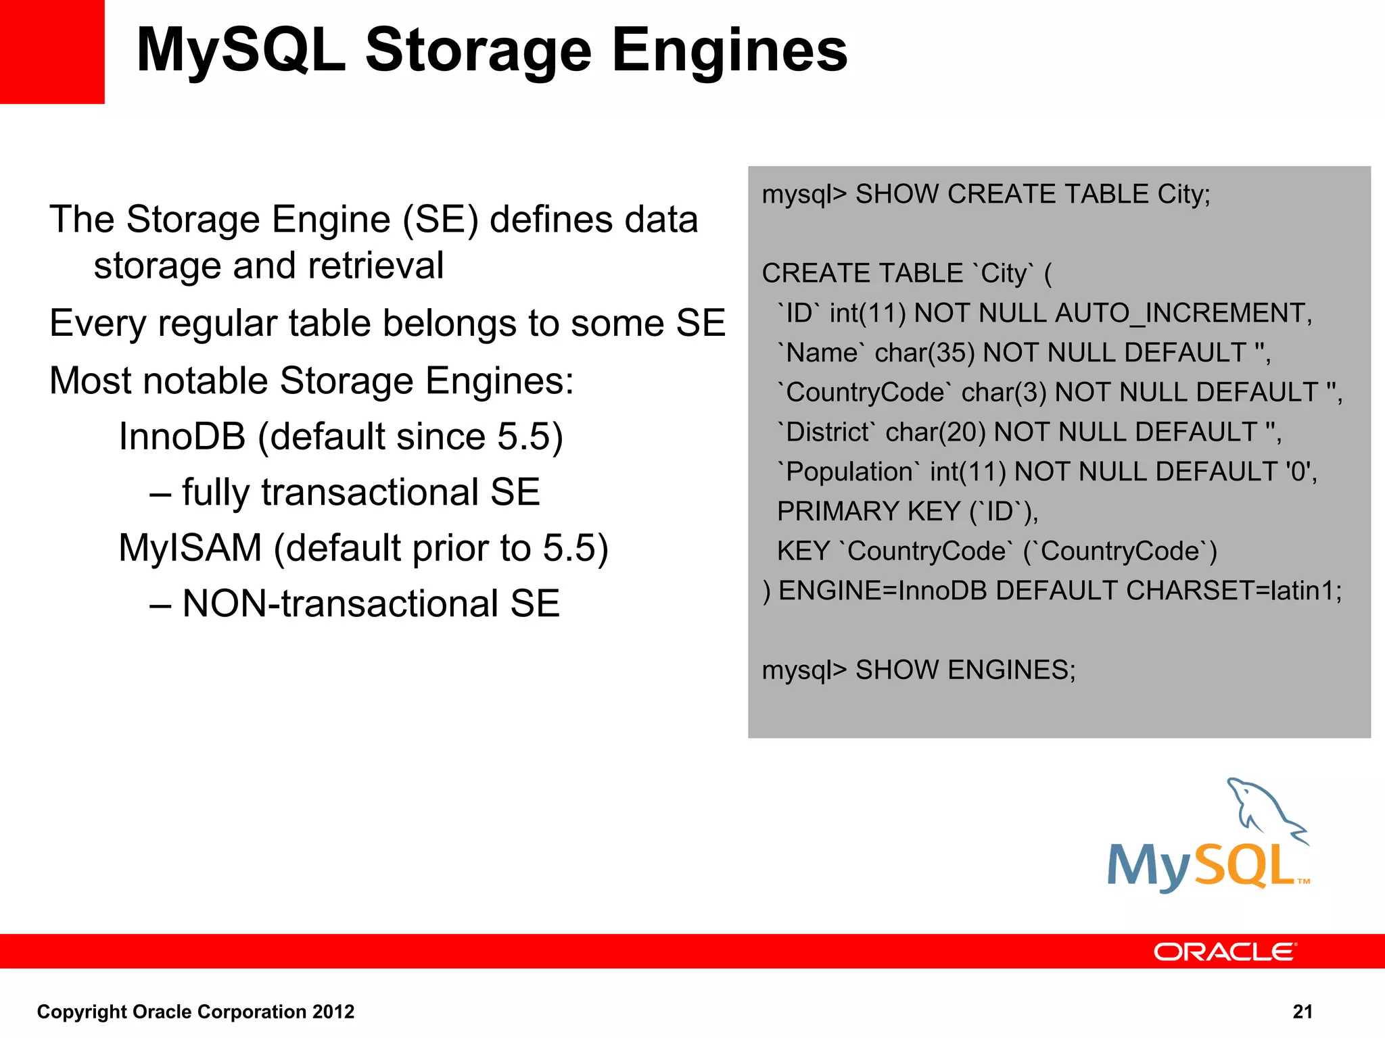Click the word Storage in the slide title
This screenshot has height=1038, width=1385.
(x=478, y=51)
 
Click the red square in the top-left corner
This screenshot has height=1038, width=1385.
(x=52, y=51)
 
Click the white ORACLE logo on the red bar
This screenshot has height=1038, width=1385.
(x=1225, y=952)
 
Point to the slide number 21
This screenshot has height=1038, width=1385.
(x=1302, y=1012)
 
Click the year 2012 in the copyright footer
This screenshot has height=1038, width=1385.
(x=333, y=1012)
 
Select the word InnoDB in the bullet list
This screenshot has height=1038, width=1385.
(x=182, y=437)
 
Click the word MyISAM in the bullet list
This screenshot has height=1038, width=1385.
(x=190, y=548)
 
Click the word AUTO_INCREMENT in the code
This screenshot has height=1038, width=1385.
(x=1182, y=314)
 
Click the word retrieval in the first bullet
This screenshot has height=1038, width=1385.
(x=376, y=266)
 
